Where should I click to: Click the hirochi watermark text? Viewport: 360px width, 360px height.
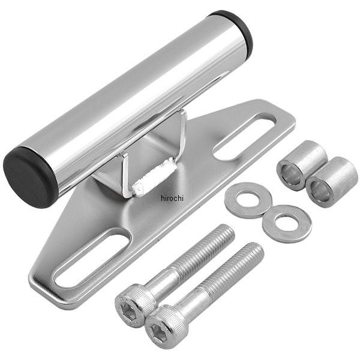(172, 198)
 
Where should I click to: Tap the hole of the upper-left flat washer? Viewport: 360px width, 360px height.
(248, 199)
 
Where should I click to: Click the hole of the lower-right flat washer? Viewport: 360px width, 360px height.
(287, 221)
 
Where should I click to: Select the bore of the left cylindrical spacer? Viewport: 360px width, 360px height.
(291, 175)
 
